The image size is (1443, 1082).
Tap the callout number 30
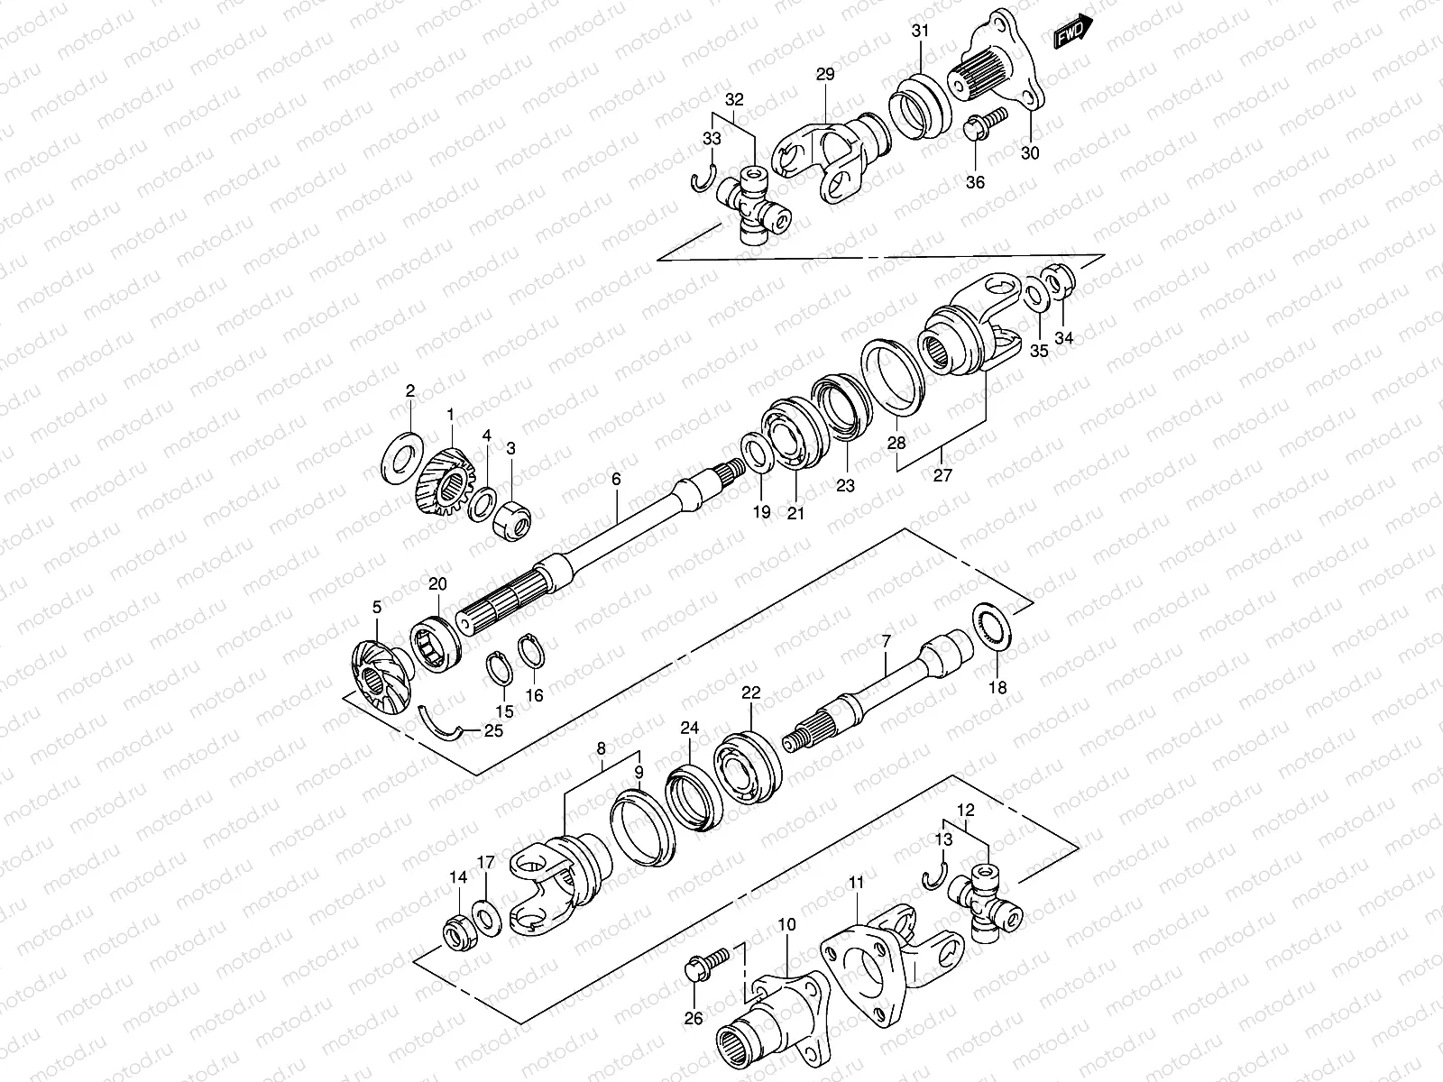[x=1030, y=153]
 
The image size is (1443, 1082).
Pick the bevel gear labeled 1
[x=446, y=482]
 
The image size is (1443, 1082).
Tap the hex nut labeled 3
[x=510, y=518]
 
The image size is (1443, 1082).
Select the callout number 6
[x=616, y=479]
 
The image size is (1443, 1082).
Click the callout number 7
[x=887, y=641]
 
